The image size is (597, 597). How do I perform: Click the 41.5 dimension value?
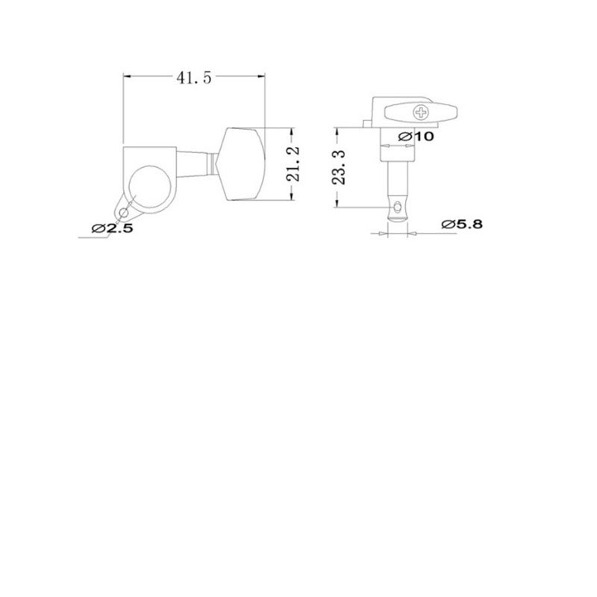tap(193, 78)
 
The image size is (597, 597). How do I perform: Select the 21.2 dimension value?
tap(293, 163)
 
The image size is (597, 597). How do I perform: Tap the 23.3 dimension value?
tap(339, 167)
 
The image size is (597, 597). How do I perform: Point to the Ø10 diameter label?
tap(416, 137)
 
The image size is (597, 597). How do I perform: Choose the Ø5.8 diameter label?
tap(462, 225)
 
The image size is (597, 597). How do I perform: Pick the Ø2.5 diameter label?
tap(113, 228)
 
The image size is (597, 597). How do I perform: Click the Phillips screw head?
tap(421, 113)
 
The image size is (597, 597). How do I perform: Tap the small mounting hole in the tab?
tap(123, 213)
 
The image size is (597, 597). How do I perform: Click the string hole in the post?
tap(398, 207)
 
